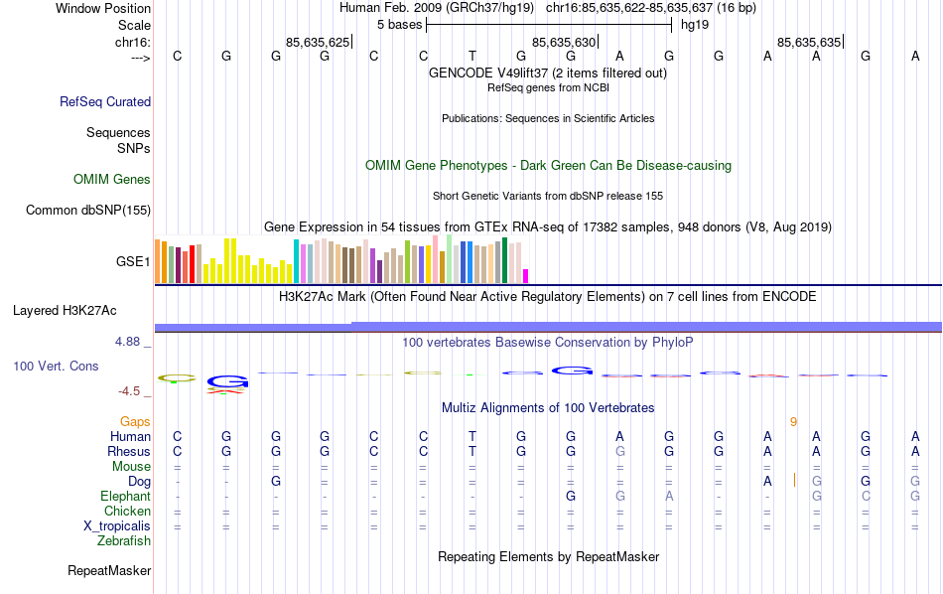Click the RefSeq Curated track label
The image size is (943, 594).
pyautogui.click(x=105, y=101)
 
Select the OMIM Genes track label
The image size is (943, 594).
pyautogui.click(x=112, y=180)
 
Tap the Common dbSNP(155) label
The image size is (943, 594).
pyautogui.click(x=88, y=210)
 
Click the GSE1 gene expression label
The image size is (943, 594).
pyautogui.click(x=133, y=262)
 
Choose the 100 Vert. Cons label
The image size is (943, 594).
pyautogui.click(x=56, y=367)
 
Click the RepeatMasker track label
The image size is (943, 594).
pyautogui.click(x=109, y=571)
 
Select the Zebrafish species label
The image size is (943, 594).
pyautogui.click(x=124, y=541)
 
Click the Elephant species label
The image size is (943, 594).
pyautogui.click(x=125, y=497)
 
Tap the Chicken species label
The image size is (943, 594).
pyautogui.click(x=127, y=512)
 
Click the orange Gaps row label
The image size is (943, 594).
pyautogui.click(x=135, y=422)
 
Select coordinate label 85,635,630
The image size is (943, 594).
pyautogui.click(x=565, y=42)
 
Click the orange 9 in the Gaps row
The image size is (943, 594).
pyautogui.click(x=793, y=422)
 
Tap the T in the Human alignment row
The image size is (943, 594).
pyautogui.click(x=472, y=437)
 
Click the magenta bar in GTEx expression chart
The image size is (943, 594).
pyautogui.click(x=526, y=275)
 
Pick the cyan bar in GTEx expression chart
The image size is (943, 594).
pyautogui.click(x=296, y=261)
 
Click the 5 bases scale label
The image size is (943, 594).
pyautogui.click(x=400, y=24)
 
